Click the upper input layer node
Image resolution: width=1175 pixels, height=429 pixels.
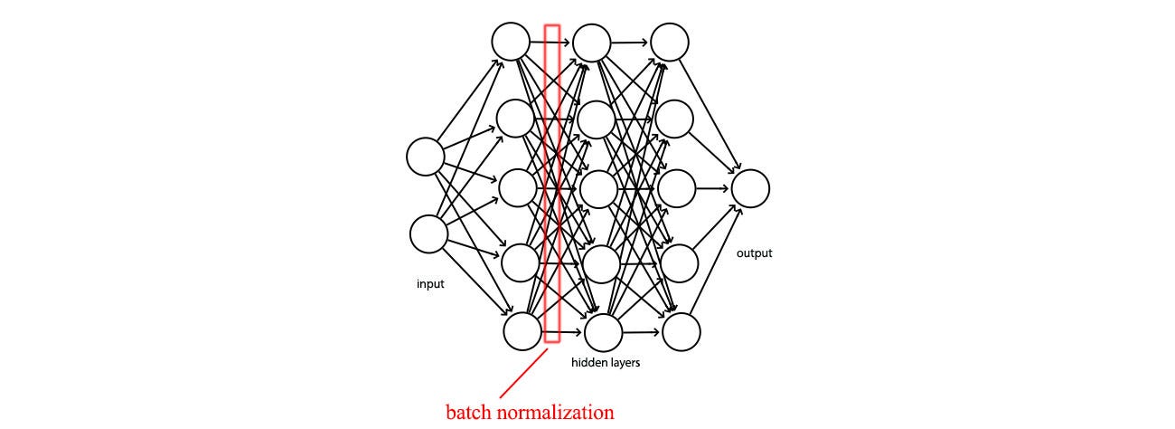426,157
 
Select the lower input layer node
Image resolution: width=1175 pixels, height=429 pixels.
428,234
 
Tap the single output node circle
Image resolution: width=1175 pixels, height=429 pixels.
750,188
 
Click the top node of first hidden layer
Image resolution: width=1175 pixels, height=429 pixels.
511,42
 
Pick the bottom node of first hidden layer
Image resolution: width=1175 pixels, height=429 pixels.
522,331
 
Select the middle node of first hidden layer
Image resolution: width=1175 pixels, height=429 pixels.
518,187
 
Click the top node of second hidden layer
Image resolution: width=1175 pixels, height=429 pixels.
592,43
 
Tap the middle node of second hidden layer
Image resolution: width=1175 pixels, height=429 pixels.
598,189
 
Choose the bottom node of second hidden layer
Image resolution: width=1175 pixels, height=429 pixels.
603,332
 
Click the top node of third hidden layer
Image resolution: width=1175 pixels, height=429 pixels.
670,42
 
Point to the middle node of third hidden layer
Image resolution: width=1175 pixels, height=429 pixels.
677,188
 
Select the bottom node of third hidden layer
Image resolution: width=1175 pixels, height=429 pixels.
681,332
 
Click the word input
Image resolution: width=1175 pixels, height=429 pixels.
430,284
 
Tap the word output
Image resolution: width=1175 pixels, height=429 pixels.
755,253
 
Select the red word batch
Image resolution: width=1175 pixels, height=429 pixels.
468,412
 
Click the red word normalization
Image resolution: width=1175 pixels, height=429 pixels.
555,412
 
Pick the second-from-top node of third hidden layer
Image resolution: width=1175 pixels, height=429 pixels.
674,119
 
